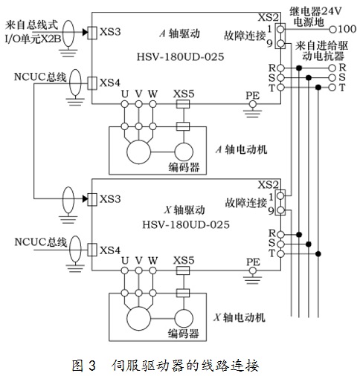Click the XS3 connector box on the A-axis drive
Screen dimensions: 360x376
tap(92, 33)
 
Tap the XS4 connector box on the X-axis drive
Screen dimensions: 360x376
tap(92, 250)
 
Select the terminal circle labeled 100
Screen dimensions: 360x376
tap(332, 30)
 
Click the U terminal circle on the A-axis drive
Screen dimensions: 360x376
tap(125, 104)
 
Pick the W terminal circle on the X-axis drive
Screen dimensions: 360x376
tap(153, 270)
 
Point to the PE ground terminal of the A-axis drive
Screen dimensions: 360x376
tap(253, 104)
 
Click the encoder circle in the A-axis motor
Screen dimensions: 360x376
tap(184, 152)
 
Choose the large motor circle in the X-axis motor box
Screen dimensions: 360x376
tap(138, 319)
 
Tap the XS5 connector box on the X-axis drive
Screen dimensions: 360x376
tap(183, 270)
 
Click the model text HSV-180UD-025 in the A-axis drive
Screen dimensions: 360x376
tap(181, 57)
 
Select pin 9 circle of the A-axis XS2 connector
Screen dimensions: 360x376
tap(280, 44)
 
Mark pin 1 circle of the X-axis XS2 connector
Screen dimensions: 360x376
tap(280, 196)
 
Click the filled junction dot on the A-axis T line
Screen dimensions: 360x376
tap(318, 88)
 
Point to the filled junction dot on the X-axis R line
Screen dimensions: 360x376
tap(299, 234)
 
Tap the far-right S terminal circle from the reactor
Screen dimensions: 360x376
tap(332, 78)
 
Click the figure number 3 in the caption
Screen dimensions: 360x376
tap(91, 366)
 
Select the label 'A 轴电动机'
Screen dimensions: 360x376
tap(241, 149)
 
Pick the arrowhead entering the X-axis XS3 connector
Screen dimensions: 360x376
tap(86, 198)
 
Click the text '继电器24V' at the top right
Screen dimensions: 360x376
tap(315, 11)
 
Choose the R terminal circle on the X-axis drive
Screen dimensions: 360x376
tap(280, 234)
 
